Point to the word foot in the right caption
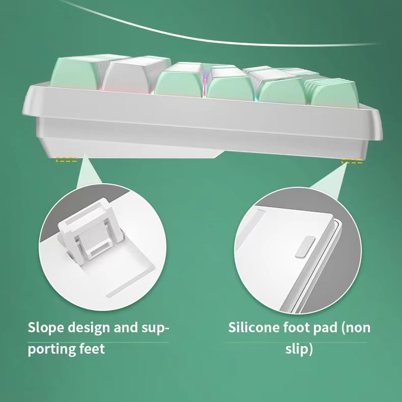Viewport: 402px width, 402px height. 302,327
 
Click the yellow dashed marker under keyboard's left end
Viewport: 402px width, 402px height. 67,160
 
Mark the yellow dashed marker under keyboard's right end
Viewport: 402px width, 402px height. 352,162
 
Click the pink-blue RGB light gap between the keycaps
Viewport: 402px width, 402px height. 205,84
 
